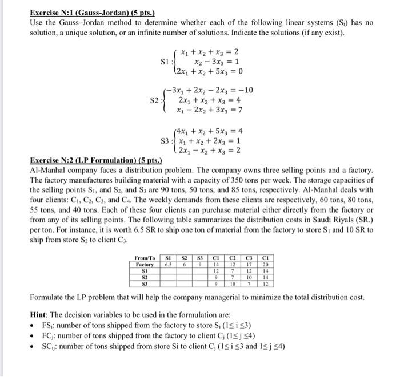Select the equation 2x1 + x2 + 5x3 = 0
[x=206, y=72]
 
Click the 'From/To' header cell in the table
[x=144, y=258]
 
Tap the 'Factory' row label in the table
[x=145, y=265]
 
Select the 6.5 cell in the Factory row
[x=169, y=265]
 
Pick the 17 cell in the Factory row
[x=249, y=265]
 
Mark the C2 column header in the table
[x=233, y=258]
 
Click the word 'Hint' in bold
[x=39, y=315]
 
